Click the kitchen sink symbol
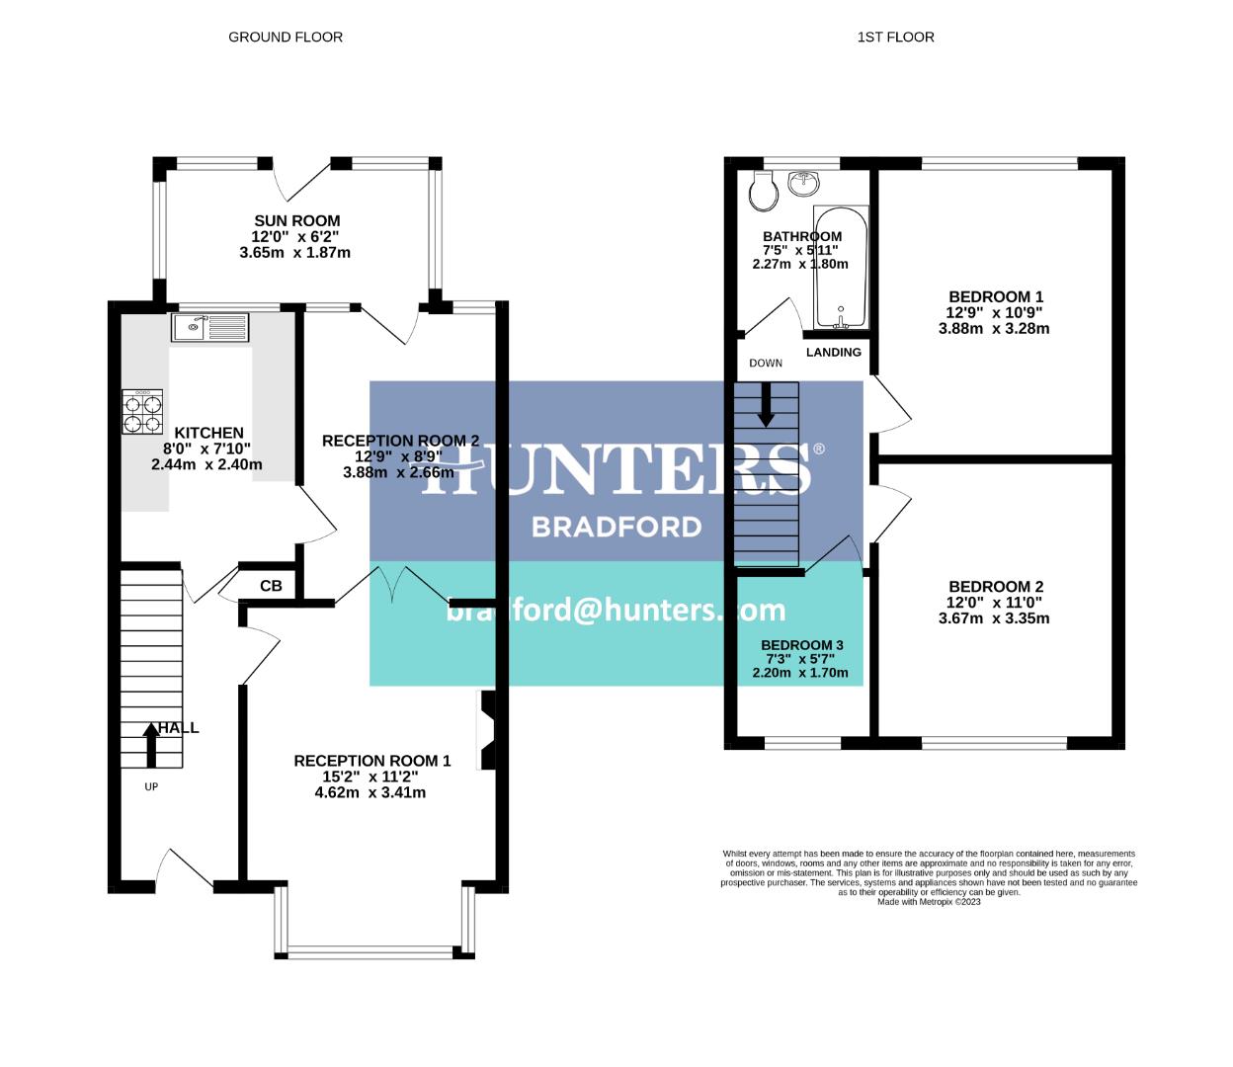[x=211, y=326]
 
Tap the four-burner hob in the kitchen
[x=142, y=412]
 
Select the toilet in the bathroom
[x=763, y=192]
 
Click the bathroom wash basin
[x=805, y=183]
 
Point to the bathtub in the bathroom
[x=841, y=267]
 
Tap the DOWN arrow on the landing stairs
[x=765, y=405]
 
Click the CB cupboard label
[x=271, y=586]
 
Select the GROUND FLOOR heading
[x=286, y=38]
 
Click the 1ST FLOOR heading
[x=895, y=38]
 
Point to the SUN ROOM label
[x=296, y=221]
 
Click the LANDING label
[x=834, y=353]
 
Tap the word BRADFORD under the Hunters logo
[x=616, y=527]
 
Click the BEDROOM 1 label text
[x=995, y=296]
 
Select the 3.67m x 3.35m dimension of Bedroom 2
[x=994, y=618]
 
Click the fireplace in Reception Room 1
[x=486, y=730]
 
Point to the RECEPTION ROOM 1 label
[x=371, y=761]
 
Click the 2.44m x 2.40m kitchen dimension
[x=206, y=464]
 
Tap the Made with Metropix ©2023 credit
[x=929, y=901]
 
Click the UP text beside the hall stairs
[x=151, y=787]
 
